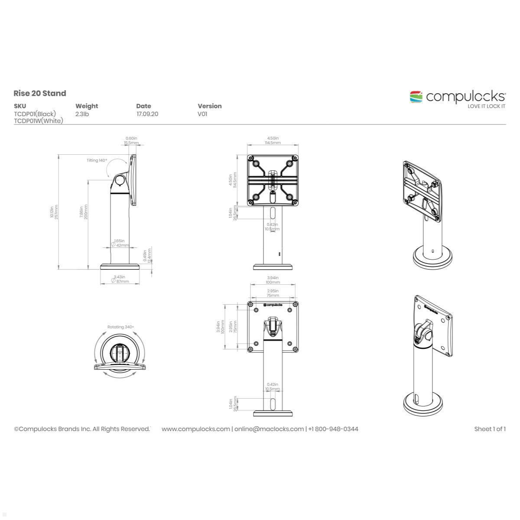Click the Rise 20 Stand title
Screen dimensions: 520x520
39,93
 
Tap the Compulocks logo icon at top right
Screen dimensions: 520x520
416,97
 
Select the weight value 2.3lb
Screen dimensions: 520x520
82,114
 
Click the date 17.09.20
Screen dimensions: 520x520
147,114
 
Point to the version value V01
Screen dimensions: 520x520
202,114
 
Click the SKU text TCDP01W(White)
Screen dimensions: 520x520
38,121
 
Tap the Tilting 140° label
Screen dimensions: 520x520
96,160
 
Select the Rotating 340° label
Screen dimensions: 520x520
120,327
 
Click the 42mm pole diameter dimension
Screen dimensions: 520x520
122,245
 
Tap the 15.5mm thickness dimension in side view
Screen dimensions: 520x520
131,143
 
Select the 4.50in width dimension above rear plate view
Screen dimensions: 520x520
273,138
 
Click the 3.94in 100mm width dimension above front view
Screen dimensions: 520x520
273,280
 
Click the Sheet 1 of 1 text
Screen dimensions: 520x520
490,429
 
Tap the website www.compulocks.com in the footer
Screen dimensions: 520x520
195,429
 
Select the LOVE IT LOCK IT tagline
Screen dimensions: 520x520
486,106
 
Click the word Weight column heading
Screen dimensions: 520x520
87,106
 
